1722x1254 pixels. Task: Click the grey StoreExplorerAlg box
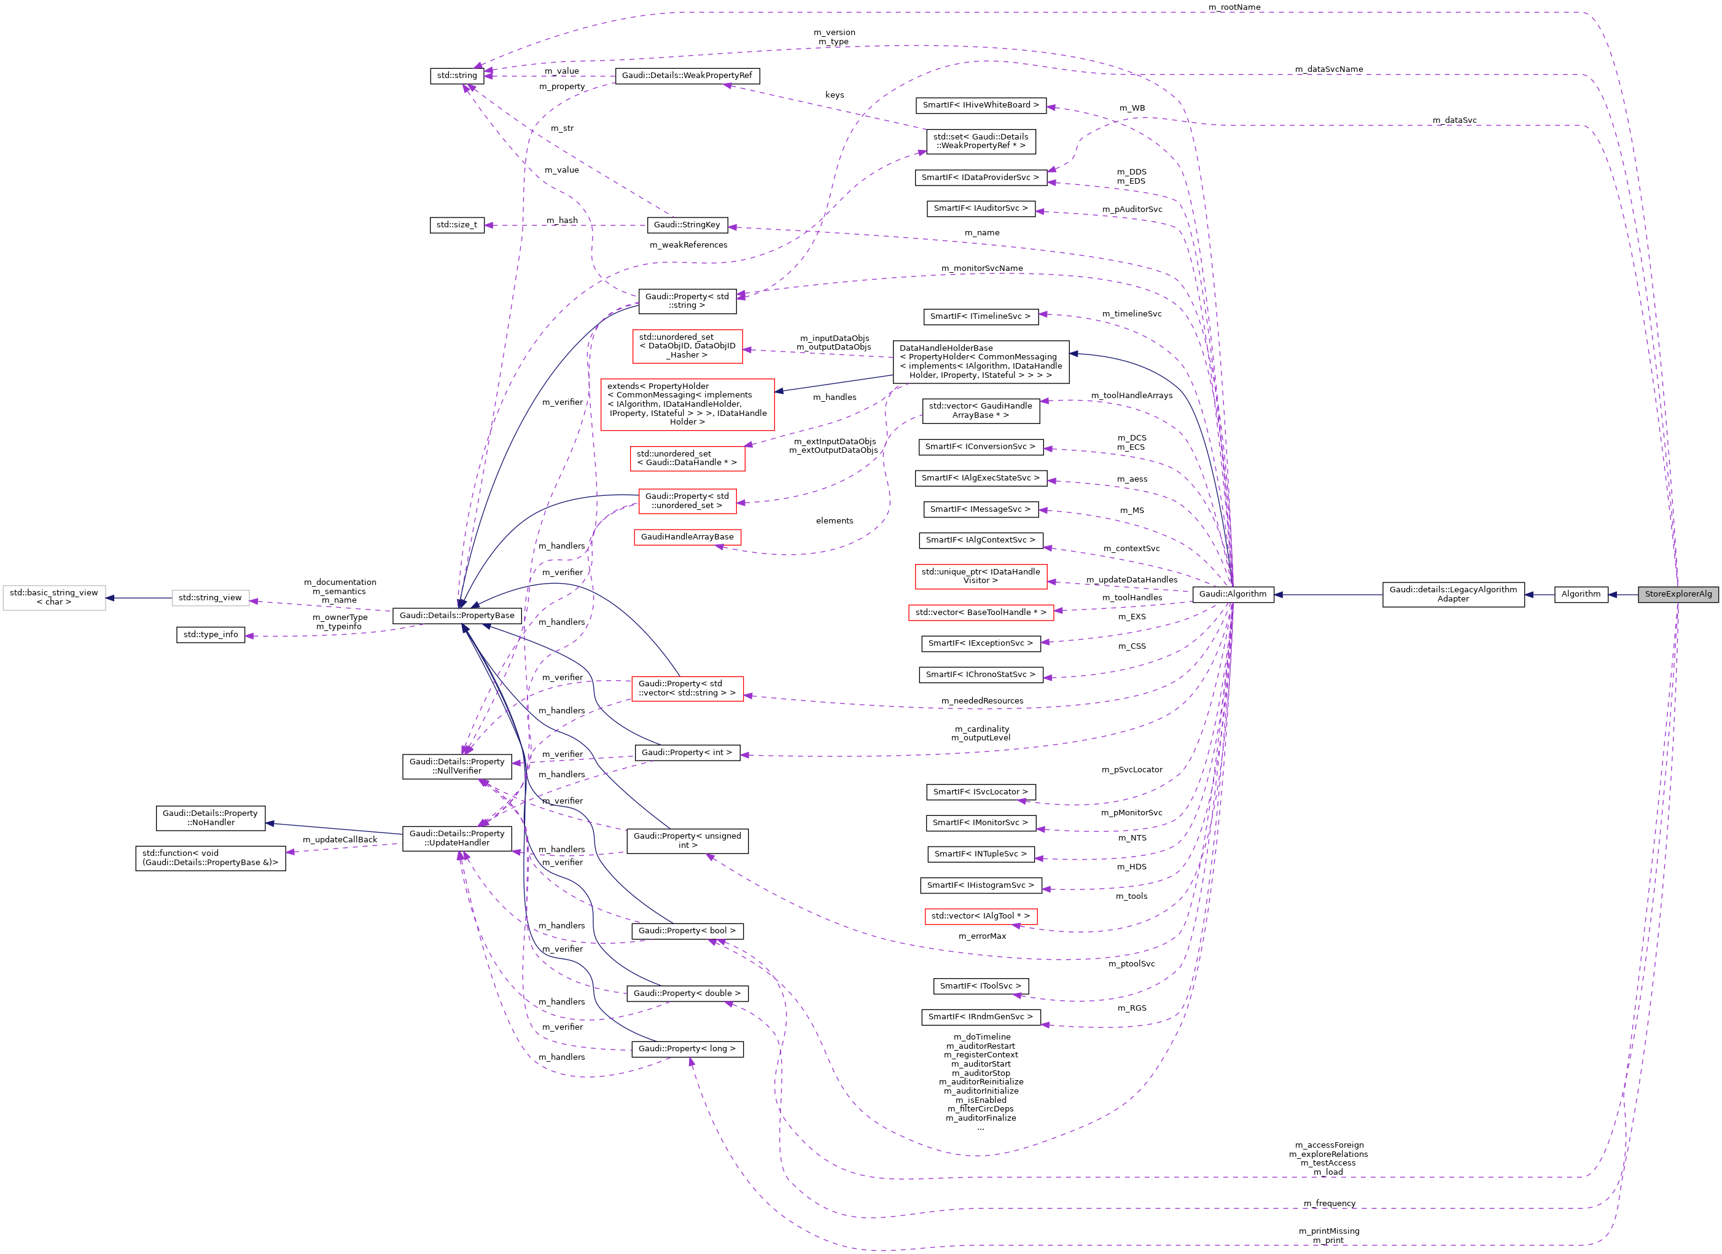(1677, 595)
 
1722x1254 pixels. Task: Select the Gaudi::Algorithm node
(1233, 595)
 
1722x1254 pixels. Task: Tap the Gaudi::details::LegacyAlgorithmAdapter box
(1452, 595)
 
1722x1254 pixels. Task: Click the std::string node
(457, 76)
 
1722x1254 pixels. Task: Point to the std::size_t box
(457, 225)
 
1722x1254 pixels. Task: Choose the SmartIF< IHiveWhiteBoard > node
(980, 106)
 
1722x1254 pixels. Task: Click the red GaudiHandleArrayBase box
(687, 538)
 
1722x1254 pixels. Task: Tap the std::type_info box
(210, 635)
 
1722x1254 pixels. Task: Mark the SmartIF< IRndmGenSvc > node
(980, 1017)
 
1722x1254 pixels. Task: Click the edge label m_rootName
(1234, 7)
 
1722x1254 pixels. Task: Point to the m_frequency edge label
(1330, 1204)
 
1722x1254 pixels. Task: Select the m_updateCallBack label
(340, 840)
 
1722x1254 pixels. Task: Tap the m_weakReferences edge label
(688, 245)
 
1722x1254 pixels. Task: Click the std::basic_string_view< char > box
(54, 598)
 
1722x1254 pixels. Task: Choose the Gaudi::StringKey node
(687, 225)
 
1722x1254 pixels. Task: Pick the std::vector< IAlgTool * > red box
(980, 917)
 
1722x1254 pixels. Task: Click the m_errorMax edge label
(982, 936)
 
